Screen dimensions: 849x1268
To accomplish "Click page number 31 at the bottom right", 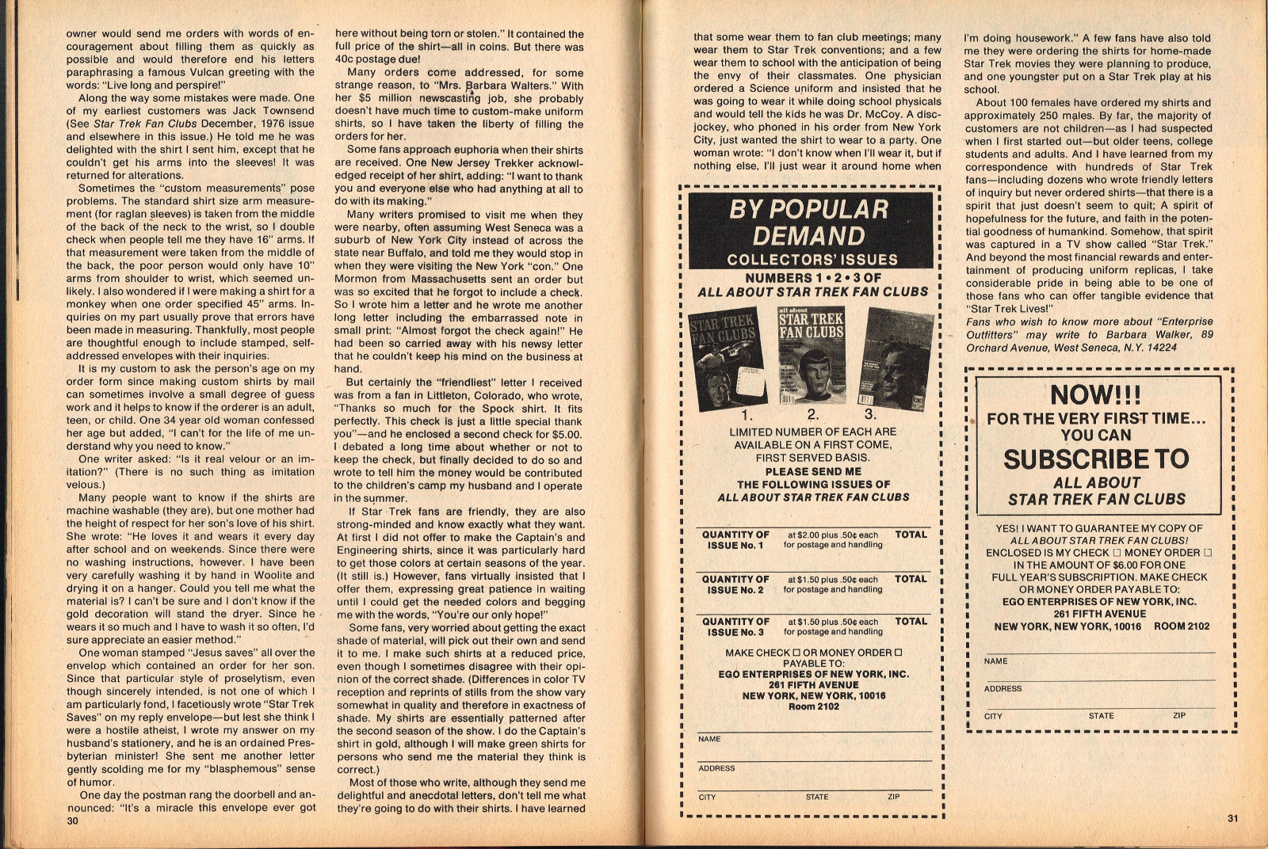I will [x=1232, y=819].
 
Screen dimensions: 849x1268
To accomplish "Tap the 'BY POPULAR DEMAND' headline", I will [x=809, y=223].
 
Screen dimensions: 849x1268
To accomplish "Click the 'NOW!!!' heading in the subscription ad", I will [x=1096, y=394].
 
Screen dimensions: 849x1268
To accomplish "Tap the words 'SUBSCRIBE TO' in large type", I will [x=1096, y=459].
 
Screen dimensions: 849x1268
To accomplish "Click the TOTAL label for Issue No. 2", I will [x=911, y=579].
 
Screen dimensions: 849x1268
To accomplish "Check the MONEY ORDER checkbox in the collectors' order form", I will [x=899, y=653].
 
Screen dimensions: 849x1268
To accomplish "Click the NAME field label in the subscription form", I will [x=996, y=661].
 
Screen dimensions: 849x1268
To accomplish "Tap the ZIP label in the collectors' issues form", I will [x=893, y=797].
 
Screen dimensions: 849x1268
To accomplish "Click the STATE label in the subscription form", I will [x=1101, y=716].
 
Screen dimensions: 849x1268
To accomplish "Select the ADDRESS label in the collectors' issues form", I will [x=716, y=768].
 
